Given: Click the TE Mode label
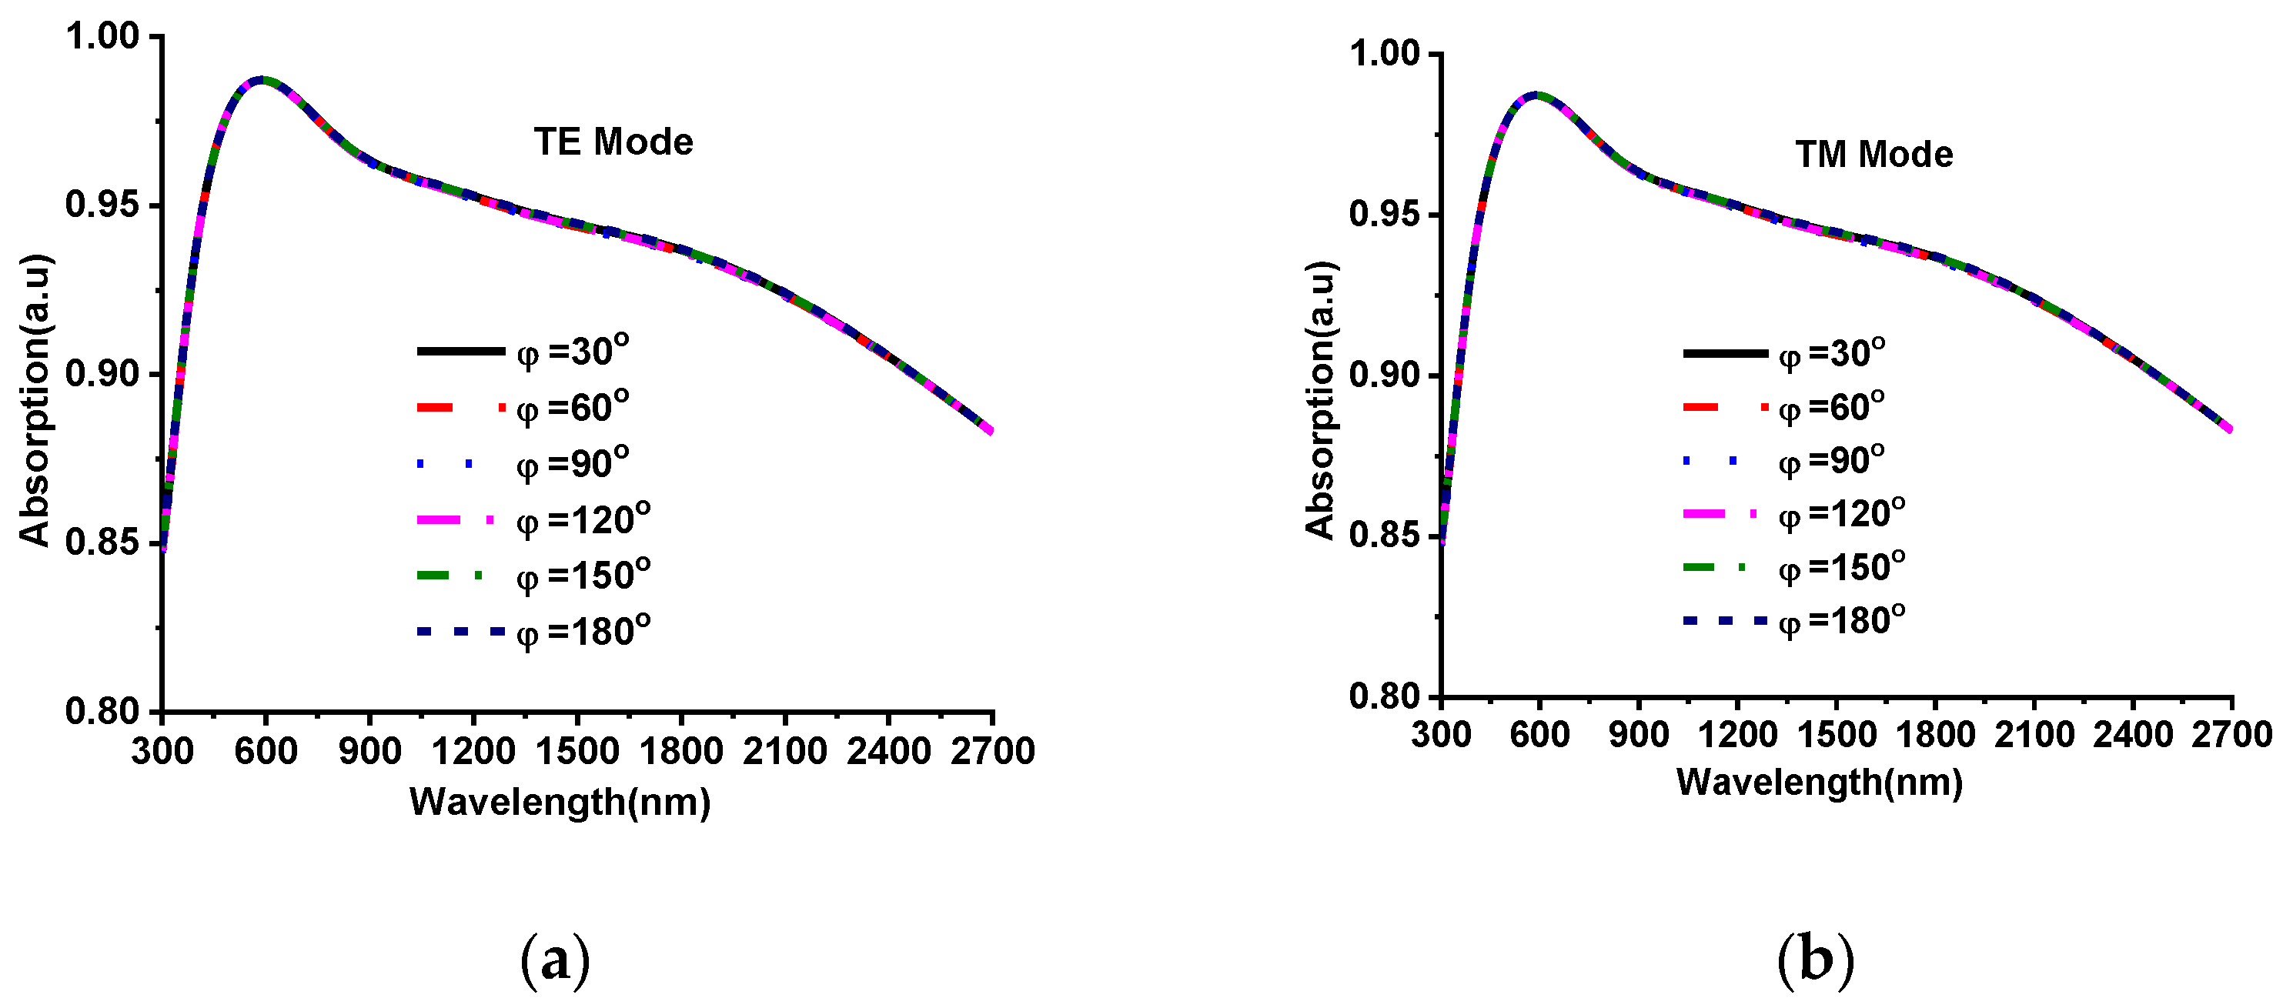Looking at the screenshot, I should click(x=613, y=142).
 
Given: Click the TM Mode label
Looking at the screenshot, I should click(x=1874, y=155).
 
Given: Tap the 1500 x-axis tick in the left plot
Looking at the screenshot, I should click(x=577, y=751).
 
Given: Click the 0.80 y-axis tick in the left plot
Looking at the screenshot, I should click(x=102, y=711).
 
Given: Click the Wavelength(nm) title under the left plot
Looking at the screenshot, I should click(x=560, y=802).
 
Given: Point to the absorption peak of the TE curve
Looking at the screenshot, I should click(x=261, y=79).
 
